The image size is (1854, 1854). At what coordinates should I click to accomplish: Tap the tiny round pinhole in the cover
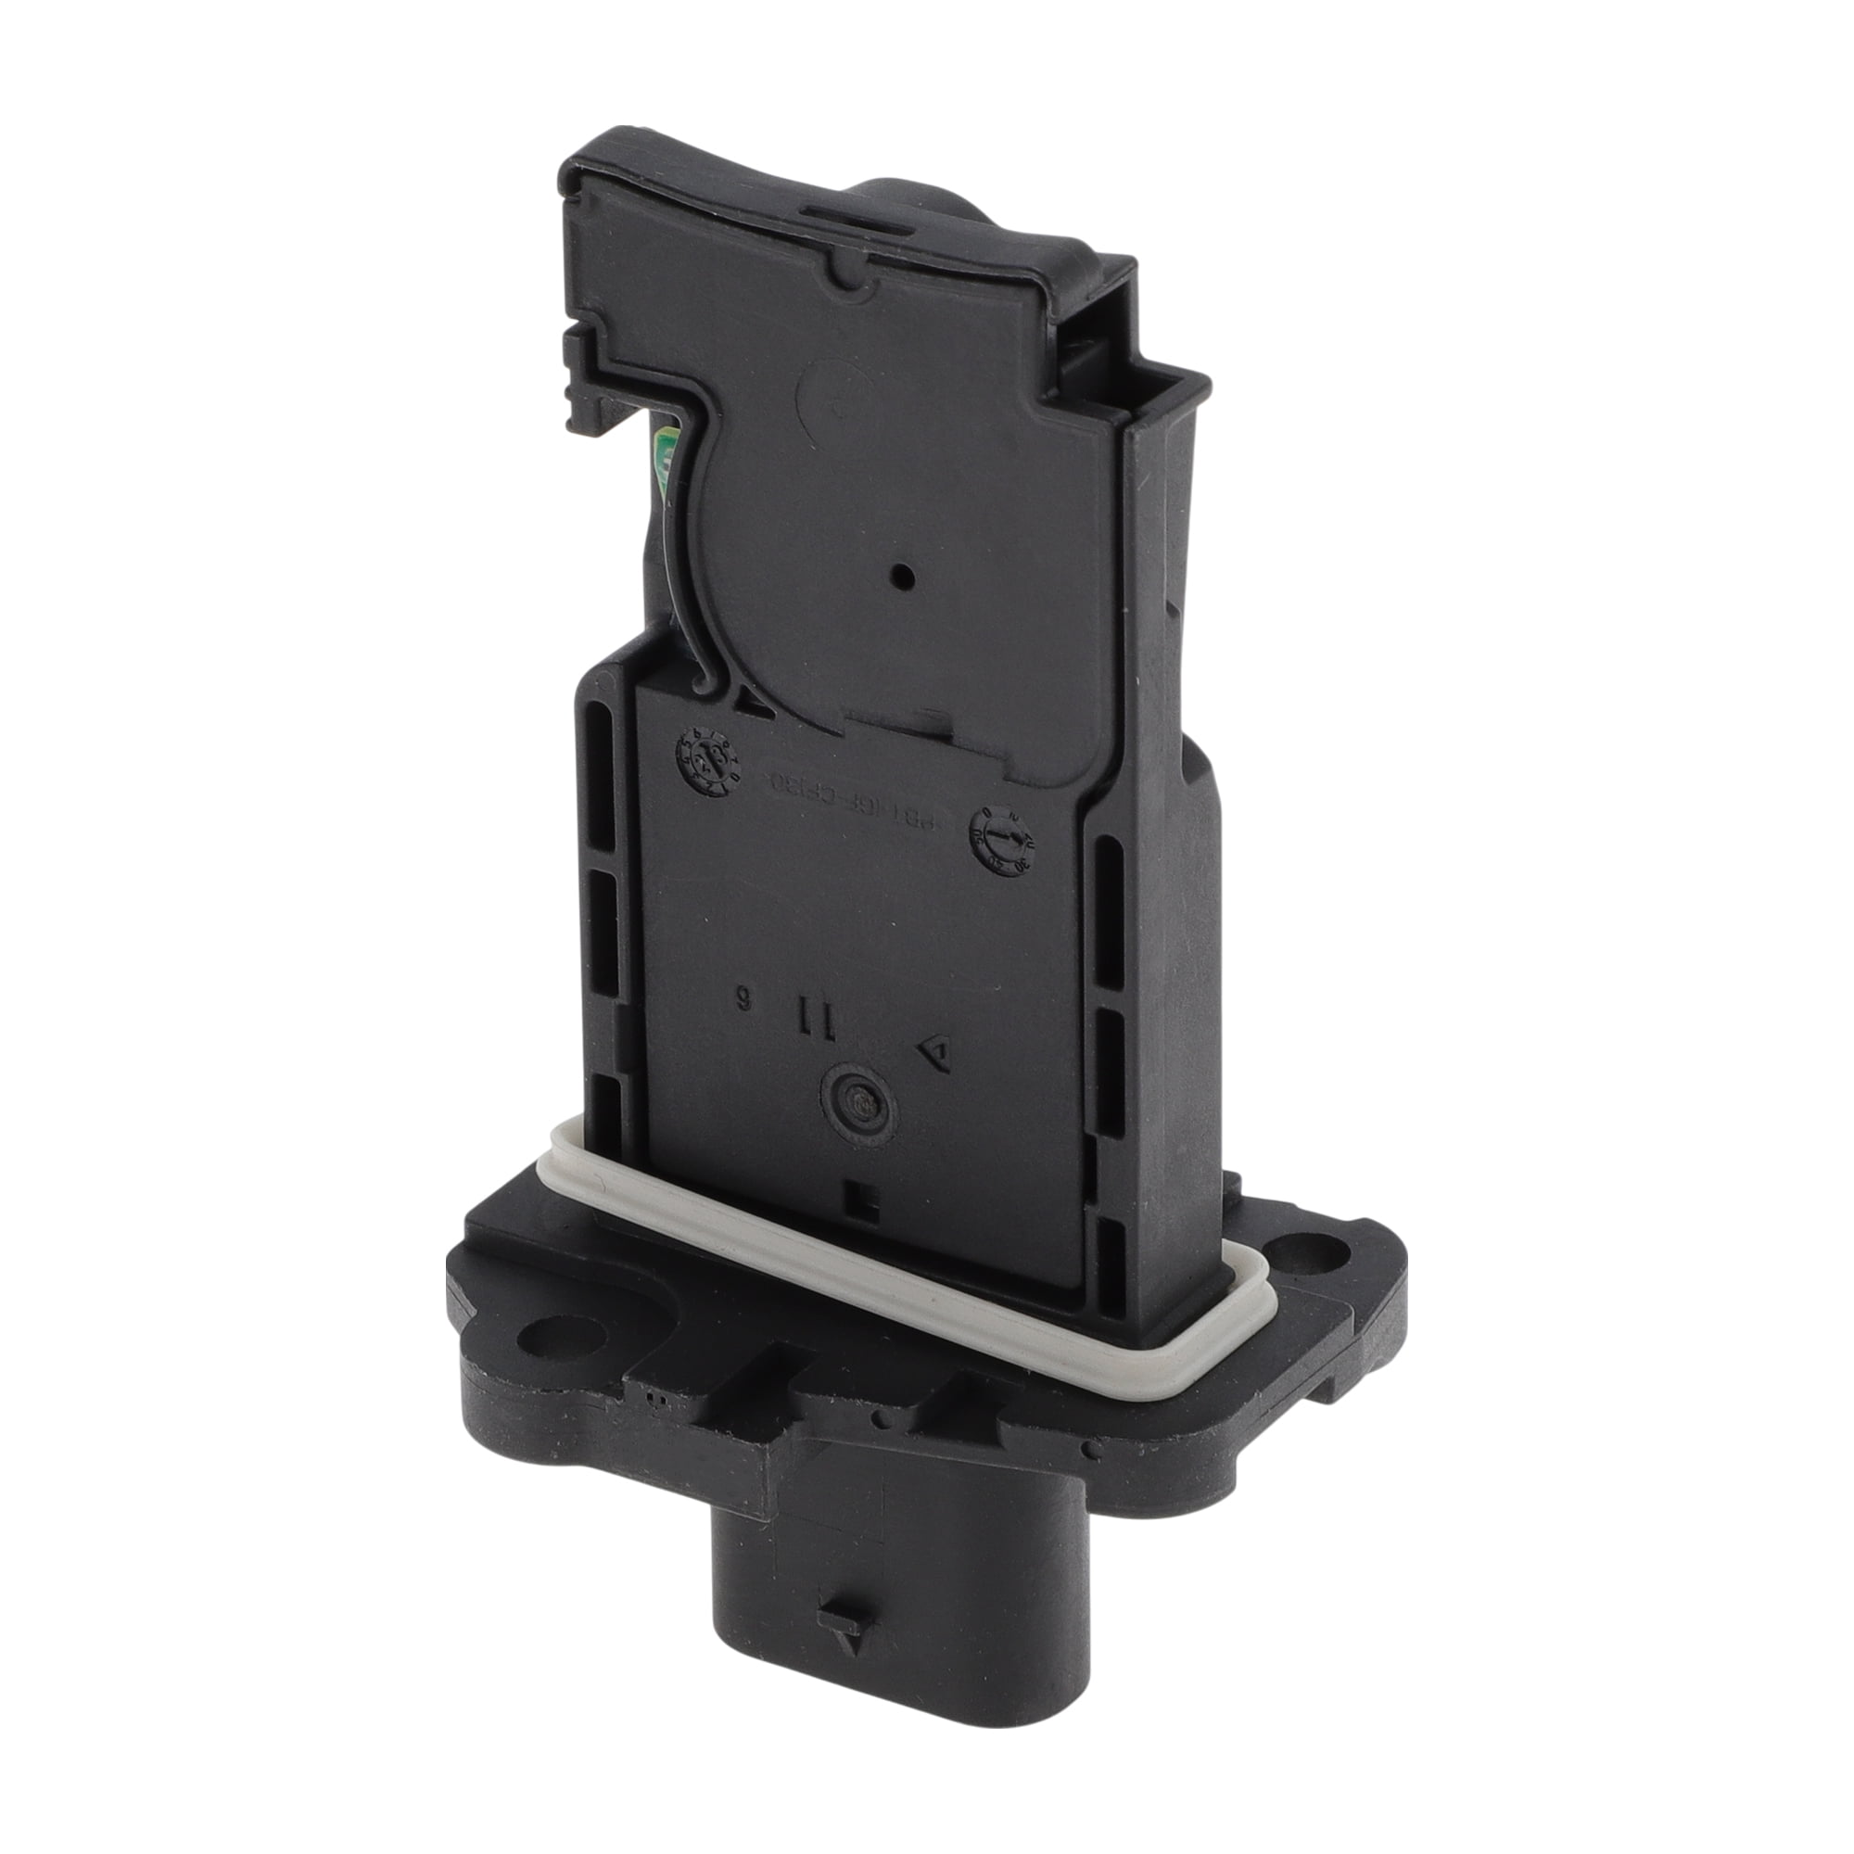902,577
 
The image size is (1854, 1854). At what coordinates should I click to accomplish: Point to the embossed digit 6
742,998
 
